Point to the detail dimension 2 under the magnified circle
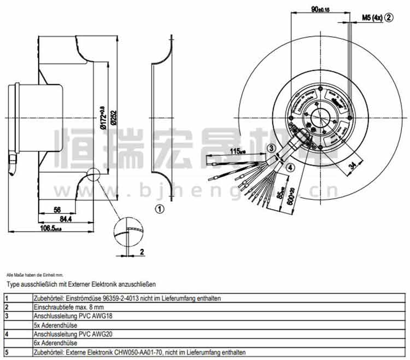140,252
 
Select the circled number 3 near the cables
271,148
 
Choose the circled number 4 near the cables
290,167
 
